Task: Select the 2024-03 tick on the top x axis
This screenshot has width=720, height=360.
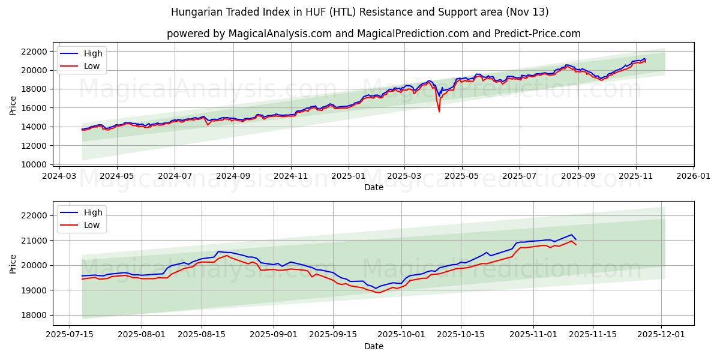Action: [59, 176]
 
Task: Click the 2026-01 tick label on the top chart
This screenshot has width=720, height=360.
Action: [694, 176]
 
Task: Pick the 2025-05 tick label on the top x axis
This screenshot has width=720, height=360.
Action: [462, 176]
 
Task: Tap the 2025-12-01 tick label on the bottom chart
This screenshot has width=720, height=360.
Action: [662, 335]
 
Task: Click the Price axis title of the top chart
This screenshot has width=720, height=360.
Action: [13, 106]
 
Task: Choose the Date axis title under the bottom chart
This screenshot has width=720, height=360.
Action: [373, 346]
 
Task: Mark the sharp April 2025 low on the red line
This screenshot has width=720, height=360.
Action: [439, 111]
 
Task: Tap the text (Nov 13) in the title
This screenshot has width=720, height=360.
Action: [527, 12]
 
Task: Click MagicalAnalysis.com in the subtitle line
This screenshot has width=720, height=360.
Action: [280, 34]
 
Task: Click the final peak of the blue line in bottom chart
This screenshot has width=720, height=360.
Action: [572, 235]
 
